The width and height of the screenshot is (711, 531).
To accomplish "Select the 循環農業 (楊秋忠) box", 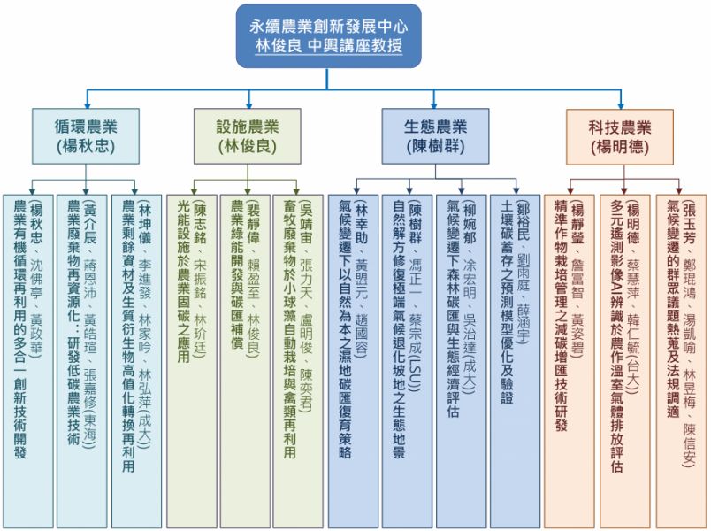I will pos(85,135).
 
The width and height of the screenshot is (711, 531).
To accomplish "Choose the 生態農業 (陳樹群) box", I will pos(435,135).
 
